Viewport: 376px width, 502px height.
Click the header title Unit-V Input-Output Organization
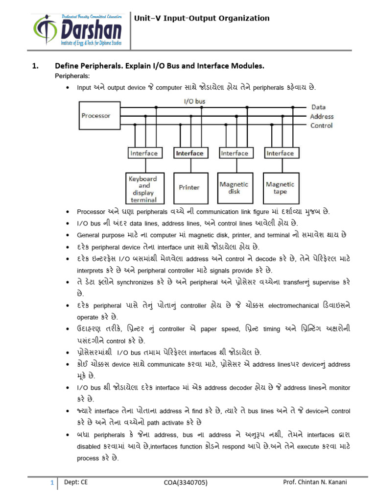point(202,19)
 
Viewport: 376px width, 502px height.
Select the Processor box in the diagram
point(96,116)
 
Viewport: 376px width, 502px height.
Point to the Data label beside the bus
point(319,107)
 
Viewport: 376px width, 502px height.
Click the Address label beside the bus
point(322,117)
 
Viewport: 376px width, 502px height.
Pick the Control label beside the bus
point(321,125)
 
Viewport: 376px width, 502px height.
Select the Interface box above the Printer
point(189,153)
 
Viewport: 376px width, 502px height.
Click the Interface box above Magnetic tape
point(280,153)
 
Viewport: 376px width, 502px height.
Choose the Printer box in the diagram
point(189,187)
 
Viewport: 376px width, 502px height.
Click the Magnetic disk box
point(234,187)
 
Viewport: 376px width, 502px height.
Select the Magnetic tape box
point(280,187)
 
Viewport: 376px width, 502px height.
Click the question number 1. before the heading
point(35,65)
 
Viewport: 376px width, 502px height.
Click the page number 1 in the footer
point(51,483)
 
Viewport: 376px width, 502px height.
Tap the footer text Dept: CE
point(76,482)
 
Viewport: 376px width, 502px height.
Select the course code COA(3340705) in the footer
point(186,483)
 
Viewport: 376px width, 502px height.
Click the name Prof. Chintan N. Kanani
point(315,482)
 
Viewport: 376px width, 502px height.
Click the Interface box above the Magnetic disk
point(235,153)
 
